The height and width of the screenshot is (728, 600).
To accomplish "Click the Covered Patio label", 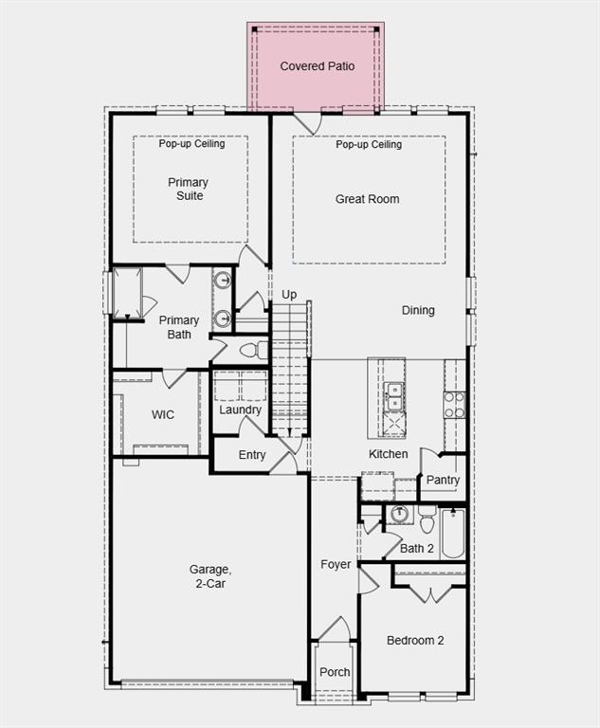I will coord(317,66).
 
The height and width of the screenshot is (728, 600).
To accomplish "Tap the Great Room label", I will coord(367,199).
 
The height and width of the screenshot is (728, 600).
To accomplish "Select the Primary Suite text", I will coord(188,189).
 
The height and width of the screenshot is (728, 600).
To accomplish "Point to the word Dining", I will coord(418,310).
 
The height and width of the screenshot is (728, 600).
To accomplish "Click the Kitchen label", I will coord(389,454).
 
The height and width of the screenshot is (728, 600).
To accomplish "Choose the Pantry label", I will coord(443,480).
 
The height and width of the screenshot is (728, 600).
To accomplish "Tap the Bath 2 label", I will coord(417,548).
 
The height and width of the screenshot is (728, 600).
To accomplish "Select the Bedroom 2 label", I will coord(415,641).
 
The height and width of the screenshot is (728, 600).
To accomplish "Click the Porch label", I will coord(335,672).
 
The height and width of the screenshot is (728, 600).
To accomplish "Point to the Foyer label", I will coord(336,564).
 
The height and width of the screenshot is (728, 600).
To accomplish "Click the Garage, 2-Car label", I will coord(209,576).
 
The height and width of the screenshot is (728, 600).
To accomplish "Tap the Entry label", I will coord(252,455).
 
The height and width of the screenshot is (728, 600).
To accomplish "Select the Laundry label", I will coord(240,410).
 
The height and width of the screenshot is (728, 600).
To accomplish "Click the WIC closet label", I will coord(163,414).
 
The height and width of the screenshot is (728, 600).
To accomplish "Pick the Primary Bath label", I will coord(179,327).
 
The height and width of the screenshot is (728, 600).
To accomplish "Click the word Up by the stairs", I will coord(289,295).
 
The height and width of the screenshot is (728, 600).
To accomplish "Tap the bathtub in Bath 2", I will coord(452,534).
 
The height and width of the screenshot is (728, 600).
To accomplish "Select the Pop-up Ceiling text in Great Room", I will coord(369,145).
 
